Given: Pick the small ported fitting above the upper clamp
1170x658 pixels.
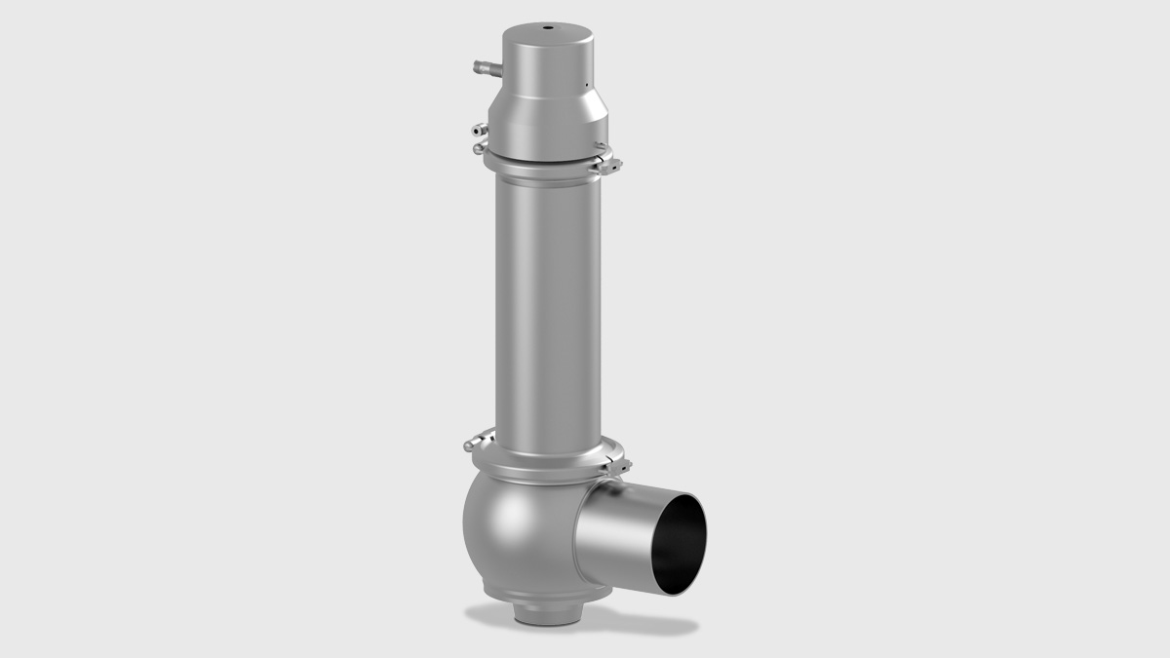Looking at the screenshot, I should click(x=477, y=130).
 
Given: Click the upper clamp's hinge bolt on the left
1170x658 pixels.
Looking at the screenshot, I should click(x=477, y=148).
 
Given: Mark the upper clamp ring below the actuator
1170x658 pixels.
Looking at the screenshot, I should click(x=546, y=165).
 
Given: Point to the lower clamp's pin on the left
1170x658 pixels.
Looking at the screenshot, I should click(x=475, y=445).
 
